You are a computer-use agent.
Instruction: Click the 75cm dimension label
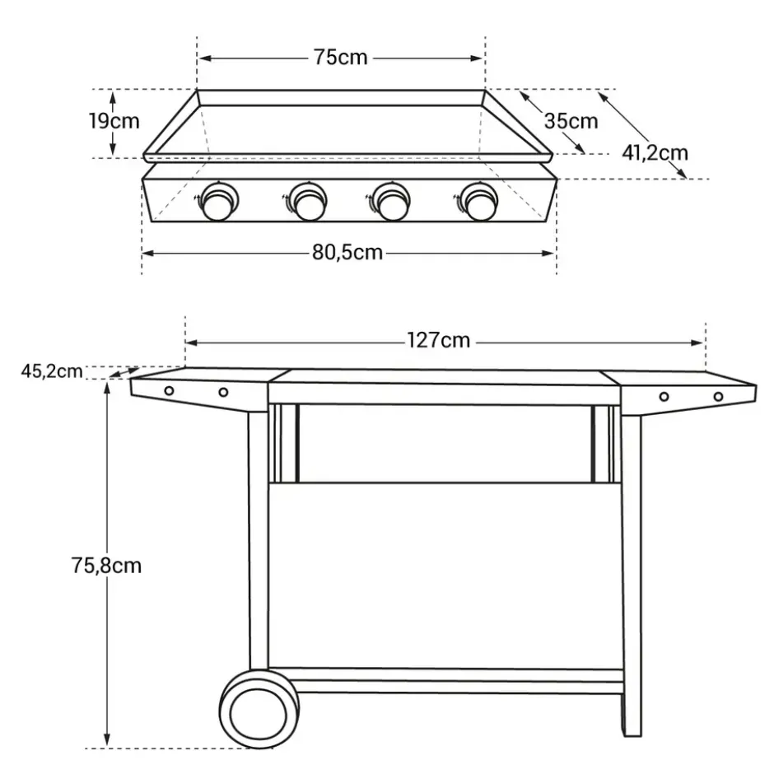(341, 58)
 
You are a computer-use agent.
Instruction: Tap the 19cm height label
(114, 121)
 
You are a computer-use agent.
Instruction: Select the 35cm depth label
(571, 121)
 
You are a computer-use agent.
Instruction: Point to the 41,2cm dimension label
(655, 153)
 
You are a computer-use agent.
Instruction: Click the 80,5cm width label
(347, 253)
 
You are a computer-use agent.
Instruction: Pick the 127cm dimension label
(439, 341)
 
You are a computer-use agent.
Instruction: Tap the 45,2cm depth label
(52, 371)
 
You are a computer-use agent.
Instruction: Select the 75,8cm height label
(106, 566)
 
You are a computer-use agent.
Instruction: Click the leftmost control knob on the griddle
(218, 202)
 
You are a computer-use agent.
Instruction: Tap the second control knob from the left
(307, 202)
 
